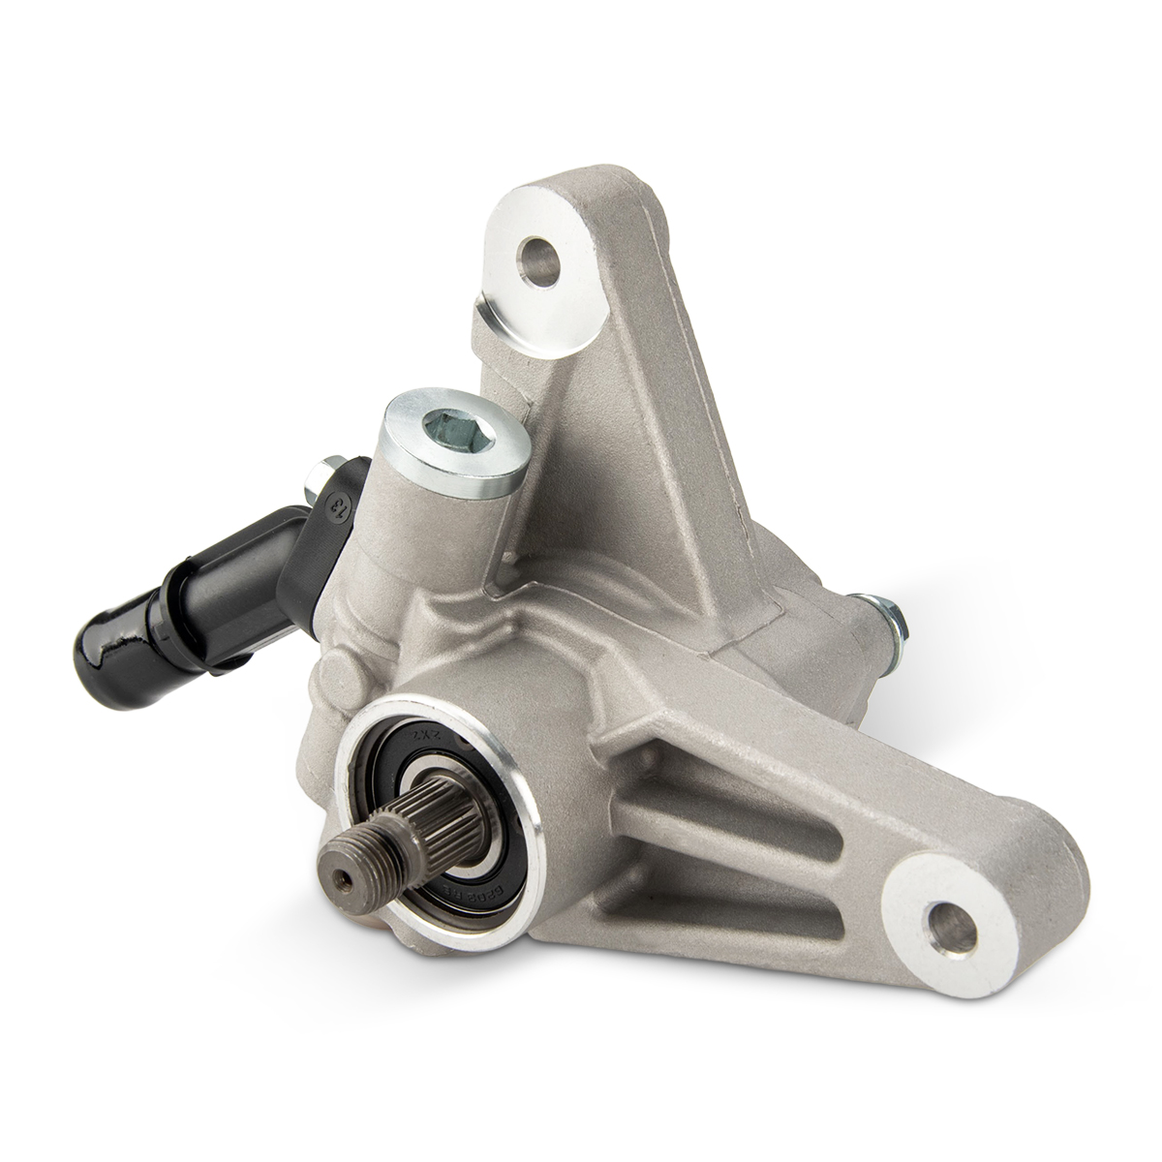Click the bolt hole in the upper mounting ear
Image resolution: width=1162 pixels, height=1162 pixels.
[541, 258]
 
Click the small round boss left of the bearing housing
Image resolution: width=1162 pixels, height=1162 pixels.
[332, 668]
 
